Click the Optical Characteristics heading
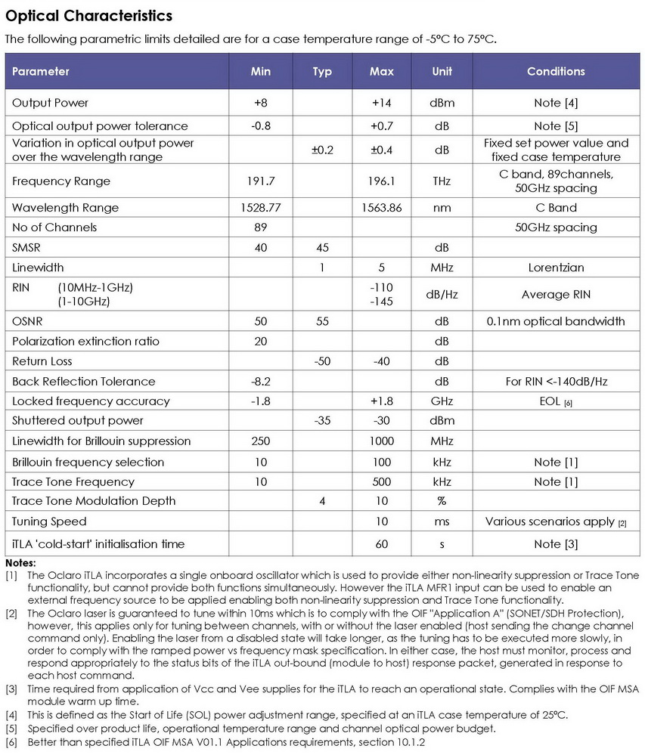pyautogui.click(x=89, y=16)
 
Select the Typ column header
pyautogui.click(x=322, y=71)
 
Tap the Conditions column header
pyautogui.click(x=556, y=71)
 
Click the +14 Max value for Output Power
pyautogui.click(x=381, y=103)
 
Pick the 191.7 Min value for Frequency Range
pyautogui.click(x=260, y=181)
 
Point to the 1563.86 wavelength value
pyautogui.click(x=381, y=208)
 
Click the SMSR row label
pyautogui.click(x=27, y=247)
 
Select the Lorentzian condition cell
pyautogui.click(x=556, y=267)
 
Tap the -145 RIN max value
pyautogui.click(x=381, y=302)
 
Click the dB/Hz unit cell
pyautogui.click(x=442, y=295)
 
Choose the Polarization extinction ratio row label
pyautogui.click(x=85, y=342)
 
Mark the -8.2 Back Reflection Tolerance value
pyautogui.click(x=260, y=382)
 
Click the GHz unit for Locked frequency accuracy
pyautogui.click(x=442, y=401)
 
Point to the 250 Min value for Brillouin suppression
pyautogui.click(x=260, y=441)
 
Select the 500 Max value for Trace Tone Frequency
pyautogui.click(x=381, y=481)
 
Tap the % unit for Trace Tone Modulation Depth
pyautogui.click(x=442, y=501)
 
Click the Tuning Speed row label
pyautogui.click(x=49, y=521)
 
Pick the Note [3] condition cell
pyautogui.click(x=556, y=544)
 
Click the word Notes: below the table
pyautogui.click(x=20, y=564)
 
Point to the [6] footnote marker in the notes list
pyautogui.click(x=11, y=743)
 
